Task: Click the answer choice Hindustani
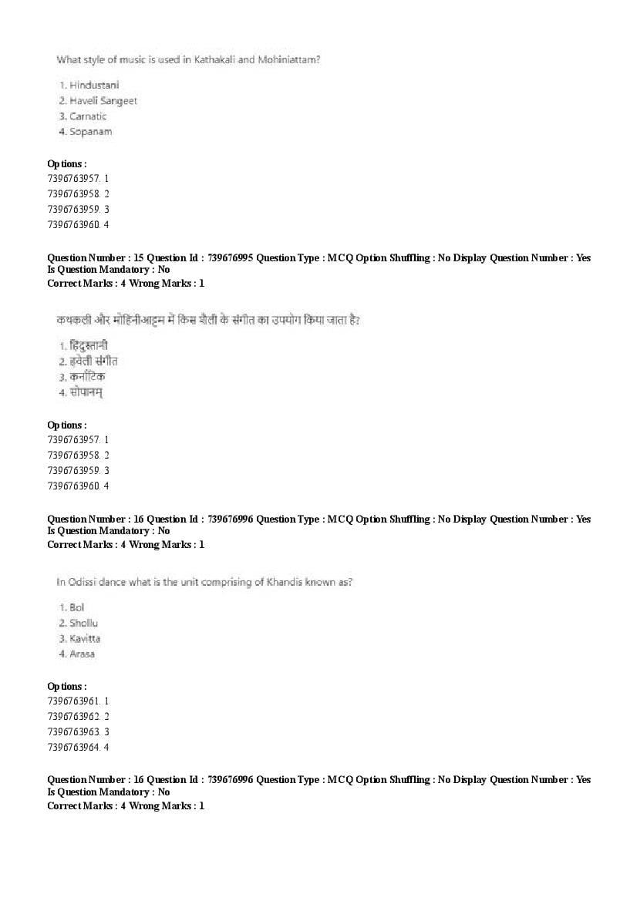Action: pos(94,85)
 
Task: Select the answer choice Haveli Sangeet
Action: pos(103,101)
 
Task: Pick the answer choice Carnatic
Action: pos(88,116)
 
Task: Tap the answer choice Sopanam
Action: pos(90,132)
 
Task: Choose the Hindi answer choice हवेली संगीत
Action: pos(93,361)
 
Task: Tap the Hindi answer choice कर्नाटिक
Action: pos(87,377)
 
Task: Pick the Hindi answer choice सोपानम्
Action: pos(86,392)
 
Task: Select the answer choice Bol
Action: pos(77,608)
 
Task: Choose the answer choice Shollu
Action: pos(84,624)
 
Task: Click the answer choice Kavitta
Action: pos(85,639)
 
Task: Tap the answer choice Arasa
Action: pos(83,654)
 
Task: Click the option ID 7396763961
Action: pos(73,701)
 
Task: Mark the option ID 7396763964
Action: pos(73,748)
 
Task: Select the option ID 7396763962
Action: pos(73,717)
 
